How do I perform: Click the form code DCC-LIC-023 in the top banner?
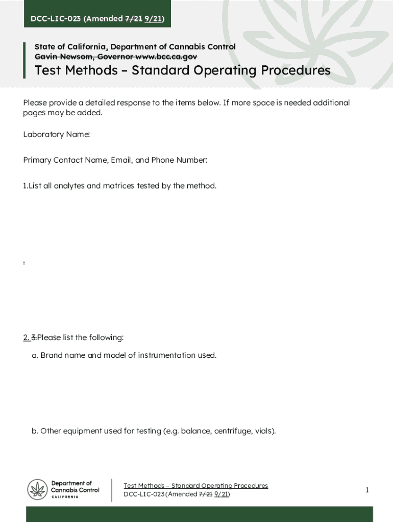[x=55, y=19]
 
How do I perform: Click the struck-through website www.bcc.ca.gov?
[x=166, y=57]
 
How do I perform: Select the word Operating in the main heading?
[x=223, y=70]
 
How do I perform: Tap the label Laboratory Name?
[x=57, y=135]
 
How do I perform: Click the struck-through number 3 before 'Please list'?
[x=34, y=337]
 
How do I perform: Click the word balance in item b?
[x=195, y=431]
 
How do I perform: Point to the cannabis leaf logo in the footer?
[x=37, y=490]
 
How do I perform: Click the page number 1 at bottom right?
[x=366, y=490]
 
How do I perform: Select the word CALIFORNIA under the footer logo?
[x=65, y=497]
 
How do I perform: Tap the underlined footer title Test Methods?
[x=144, y=486]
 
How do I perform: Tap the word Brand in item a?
[x=51, y=355]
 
